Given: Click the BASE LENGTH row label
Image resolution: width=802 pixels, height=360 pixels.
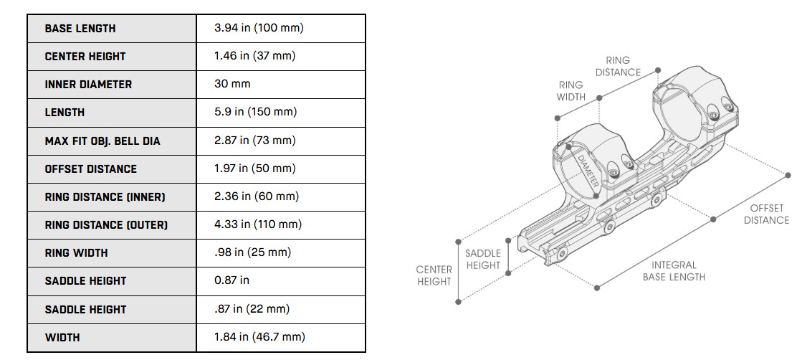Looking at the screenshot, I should coord(80,29).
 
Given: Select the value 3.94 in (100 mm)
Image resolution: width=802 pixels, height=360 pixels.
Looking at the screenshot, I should coord(259,28).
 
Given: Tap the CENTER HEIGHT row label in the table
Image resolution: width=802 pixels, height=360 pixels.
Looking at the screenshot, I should coord(85,57).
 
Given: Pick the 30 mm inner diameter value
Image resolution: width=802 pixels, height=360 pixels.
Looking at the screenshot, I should coord(232,84).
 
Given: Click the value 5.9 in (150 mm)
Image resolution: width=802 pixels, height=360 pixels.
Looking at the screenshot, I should coord(255,112).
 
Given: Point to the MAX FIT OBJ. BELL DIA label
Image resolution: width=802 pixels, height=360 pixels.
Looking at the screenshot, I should coord(102,141).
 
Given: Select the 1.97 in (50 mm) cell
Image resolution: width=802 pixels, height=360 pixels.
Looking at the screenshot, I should coord(254,169).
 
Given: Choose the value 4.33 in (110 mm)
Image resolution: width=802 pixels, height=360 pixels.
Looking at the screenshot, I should coord(258,224).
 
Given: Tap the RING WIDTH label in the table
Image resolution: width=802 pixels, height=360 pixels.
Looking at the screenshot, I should coord(76,252).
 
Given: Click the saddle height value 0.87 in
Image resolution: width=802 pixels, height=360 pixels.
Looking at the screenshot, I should coord(231,280).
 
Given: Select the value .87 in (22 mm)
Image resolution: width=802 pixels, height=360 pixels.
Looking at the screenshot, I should coord(252,309).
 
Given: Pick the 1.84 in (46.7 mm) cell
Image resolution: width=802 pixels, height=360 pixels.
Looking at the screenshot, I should coord(259,337).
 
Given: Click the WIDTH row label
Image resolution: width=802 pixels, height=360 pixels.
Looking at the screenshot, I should coord(62,337).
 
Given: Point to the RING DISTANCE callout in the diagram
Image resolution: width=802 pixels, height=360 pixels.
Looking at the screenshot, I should coord(618,67).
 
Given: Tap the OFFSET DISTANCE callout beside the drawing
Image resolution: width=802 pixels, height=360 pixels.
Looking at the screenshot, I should coord(766,214).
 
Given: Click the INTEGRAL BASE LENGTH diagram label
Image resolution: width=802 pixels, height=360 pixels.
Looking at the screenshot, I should coord(673,271).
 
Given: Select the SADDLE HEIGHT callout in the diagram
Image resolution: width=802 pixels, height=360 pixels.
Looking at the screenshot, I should coord(483,260).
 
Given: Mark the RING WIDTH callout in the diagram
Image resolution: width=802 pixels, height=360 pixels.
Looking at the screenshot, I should coord(571,90).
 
